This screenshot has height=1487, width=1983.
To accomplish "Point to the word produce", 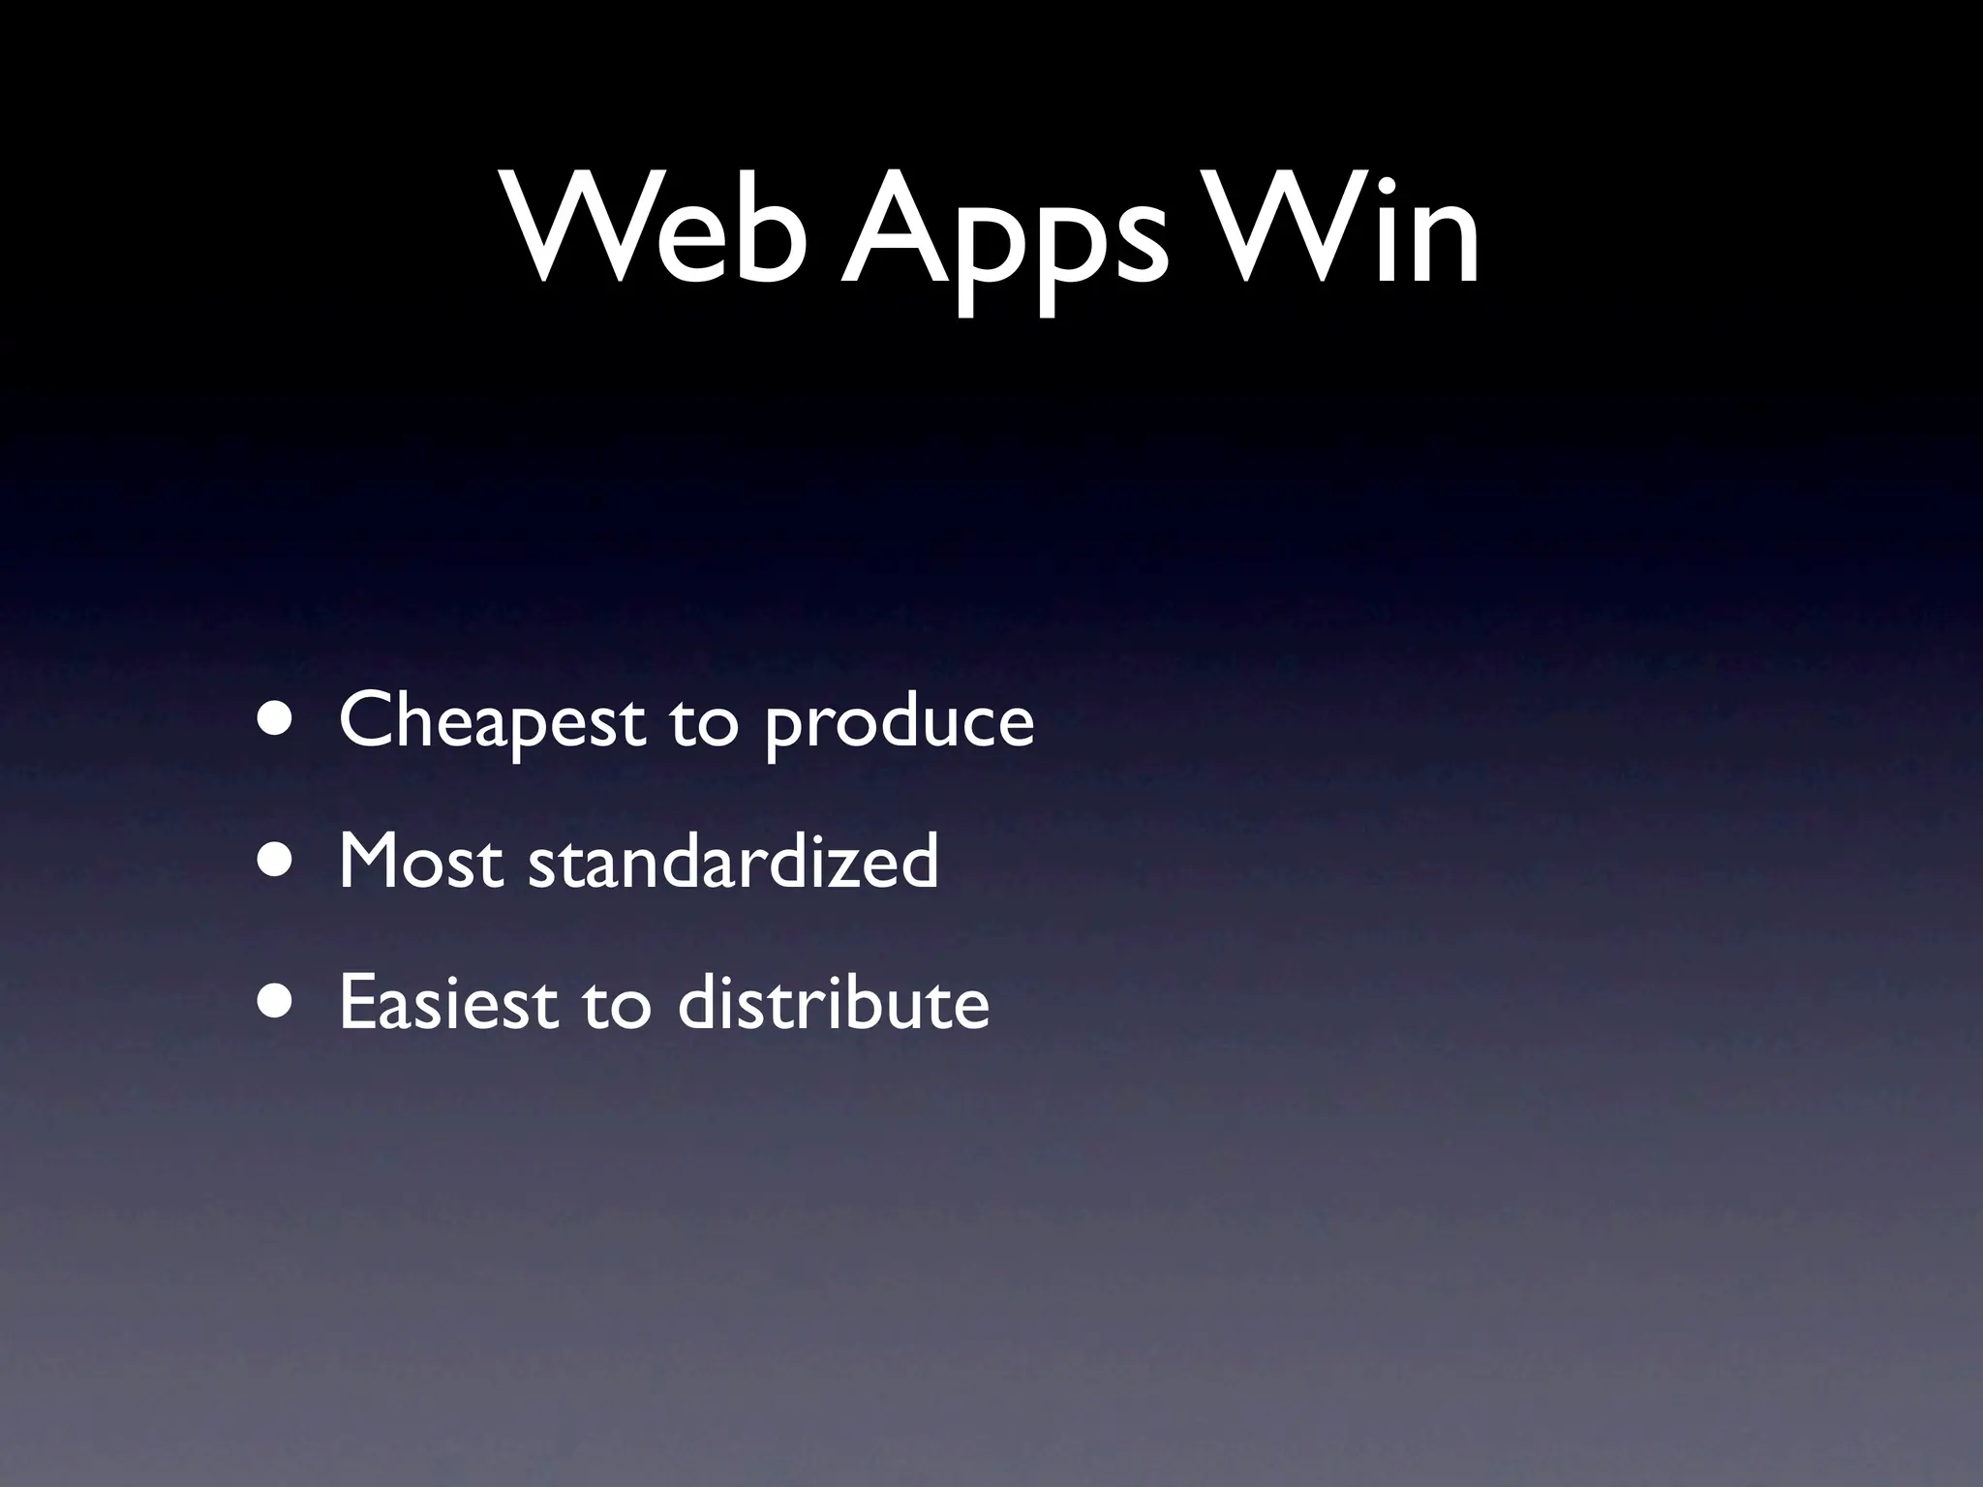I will [900, 726].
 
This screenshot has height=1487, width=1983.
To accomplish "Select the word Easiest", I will [448, 1001].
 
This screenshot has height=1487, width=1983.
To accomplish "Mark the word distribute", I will [834, 1001].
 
